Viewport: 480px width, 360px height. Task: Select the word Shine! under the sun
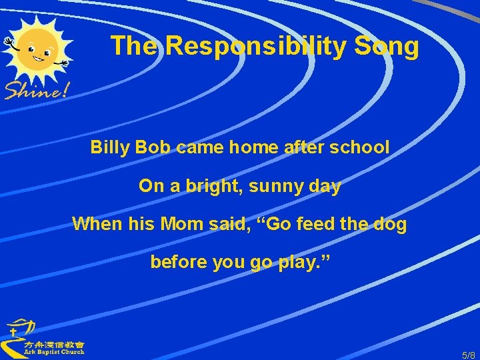pyautogui.click(x=37, y=89)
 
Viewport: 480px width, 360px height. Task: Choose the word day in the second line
pyautogui.click(x=325, y=186)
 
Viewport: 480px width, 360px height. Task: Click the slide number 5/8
pyautogui.click(x=469, y=354)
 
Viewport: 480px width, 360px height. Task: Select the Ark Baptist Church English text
pyautogui.click(x=55, y=352)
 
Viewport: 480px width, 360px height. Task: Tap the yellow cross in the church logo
pyautogui.click(x=13, y=331)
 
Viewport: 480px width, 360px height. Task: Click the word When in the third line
pyautogui.click(x=97, y=223)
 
